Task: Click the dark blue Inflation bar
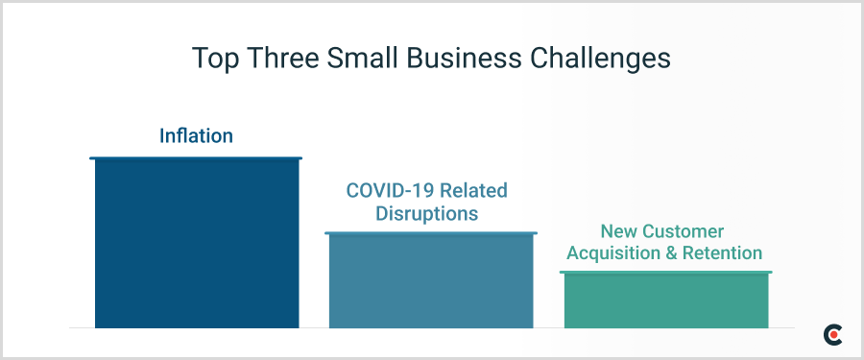click(196, 245)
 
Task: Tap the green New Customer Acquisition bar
click(665, 301)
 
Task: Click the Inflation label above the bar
click(196, 136)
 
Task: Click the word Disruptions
click(426, 213)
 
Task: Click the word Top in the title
click(215, 58)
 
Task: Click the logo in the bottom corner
click(832, 334)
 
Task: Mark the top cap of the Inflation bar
click(196, 158)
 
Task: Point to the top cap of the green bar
click(665, 274)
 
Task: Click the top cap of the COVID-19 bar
click(430, 233)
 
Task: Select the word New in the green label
click(619, 231)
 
